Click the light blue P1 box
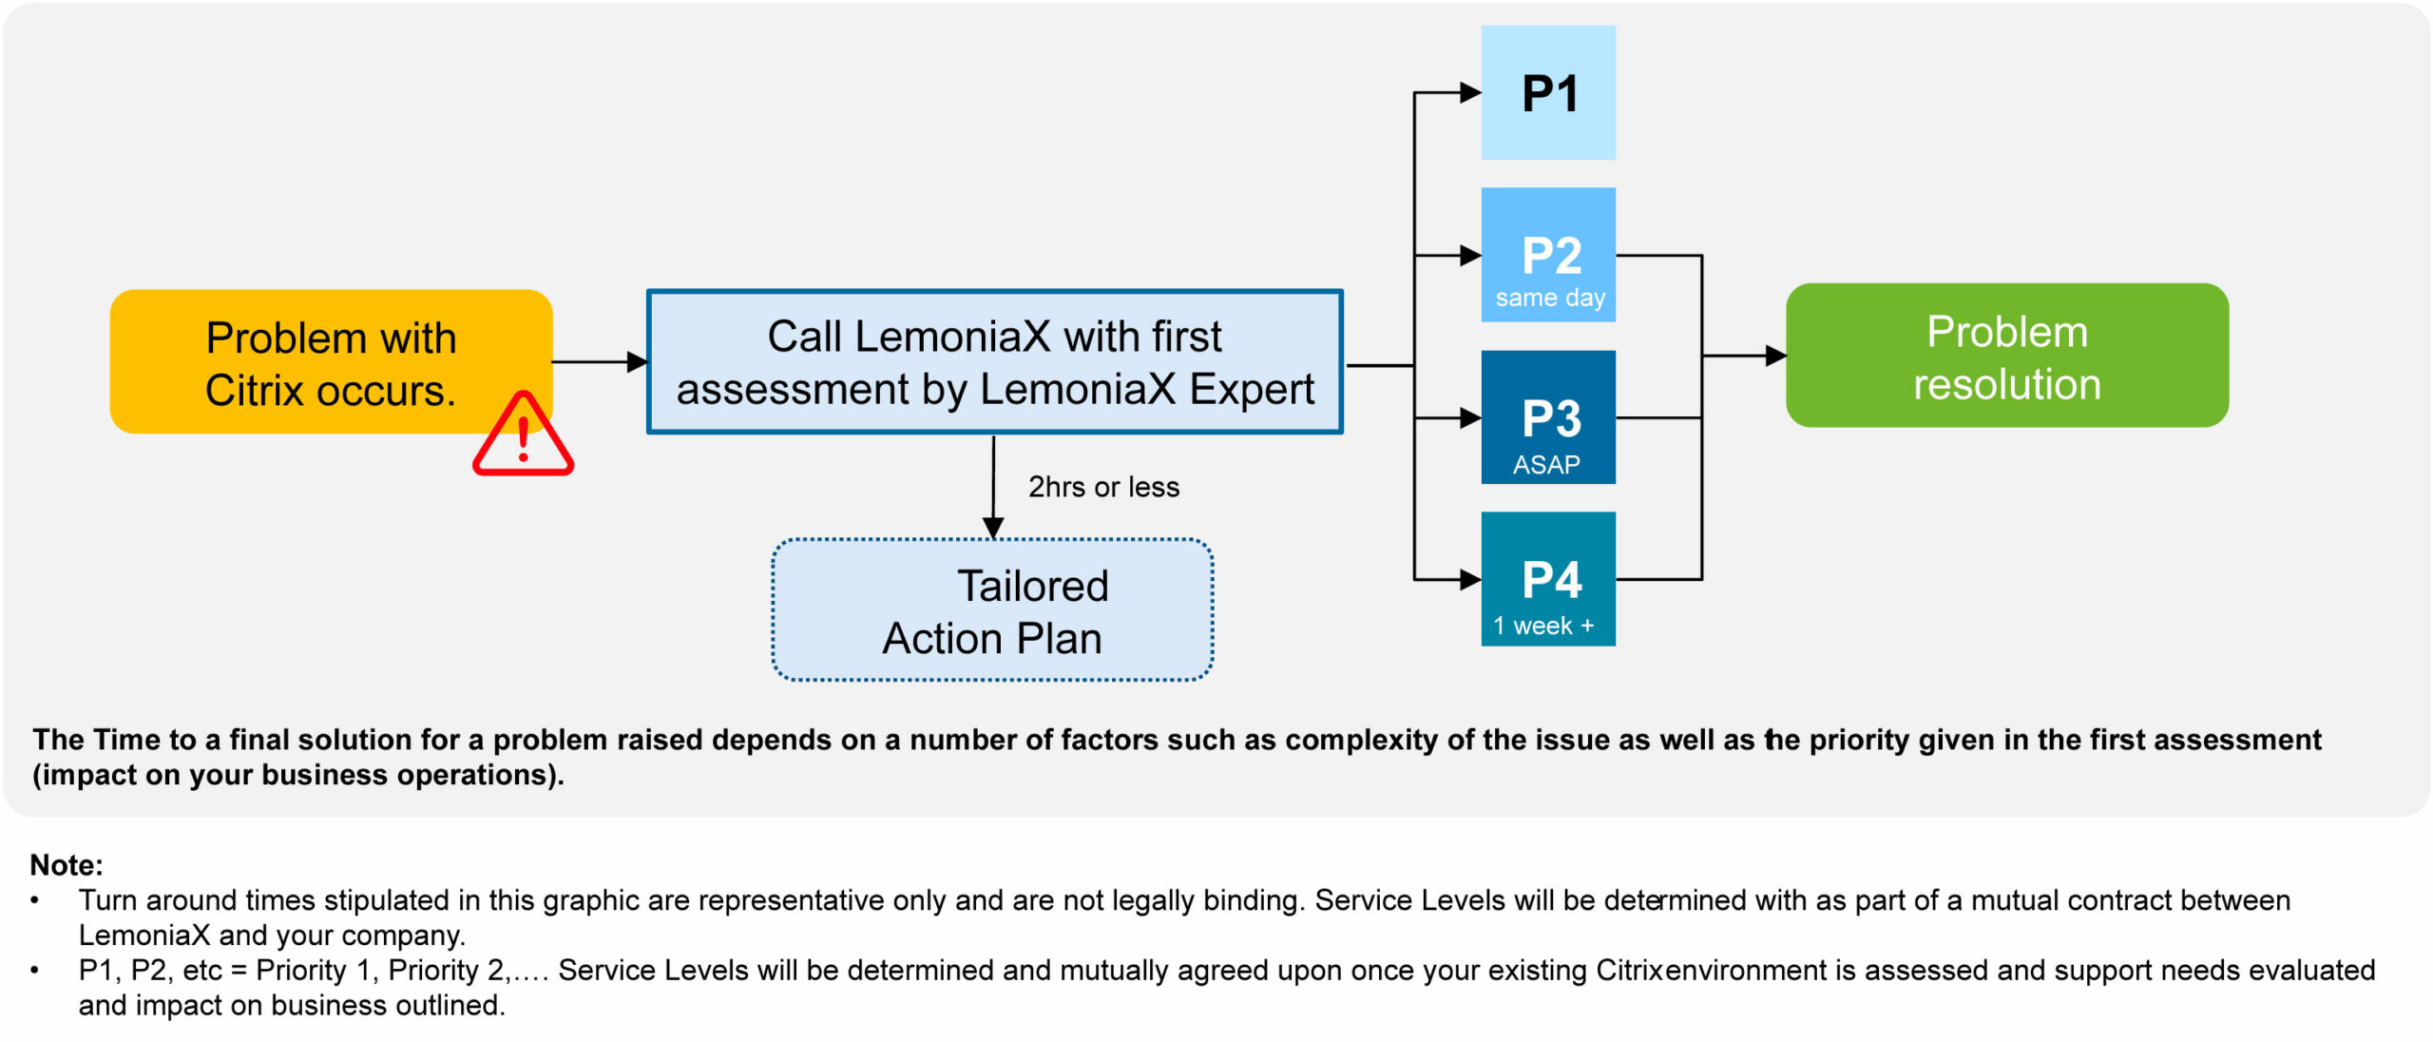click(x=1547, y=92)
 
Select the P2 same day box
click(x=1547, y=254)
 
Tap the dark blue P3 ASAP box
click(x=1547, y=416)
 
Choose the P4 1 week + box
click(x=1547, y=578)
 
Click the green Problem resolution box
click(x=2006, y=356)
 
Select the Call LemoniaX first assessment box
click(x=994, y=361)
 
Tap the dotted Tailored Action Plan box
click(x=992, y=609)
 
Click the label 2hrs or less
click(x=1103, y=487)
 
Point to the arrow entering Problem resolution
click(x=1773, y=356)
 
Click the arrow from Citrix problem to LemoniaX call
click(x=599, y=361)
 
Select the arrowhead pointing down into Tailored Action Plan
click(x=993, y=528)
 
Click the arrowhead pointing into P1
click(x=1470, y=92)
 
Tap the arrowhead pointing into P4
click(x=1470, y=579)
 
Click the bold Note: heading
click(x=67, y=865)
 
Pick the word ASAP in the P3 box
click(x=1546, y=465)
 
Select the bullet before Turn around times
click(x=35, y=899)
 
